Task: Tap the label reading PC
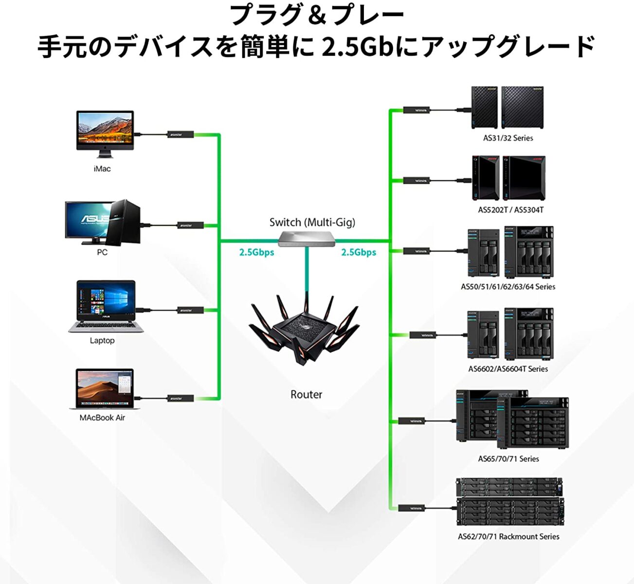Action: point(102,253)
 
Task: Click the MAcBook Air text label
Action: point(102,418)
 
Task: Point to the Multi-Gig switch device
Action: point(307,237)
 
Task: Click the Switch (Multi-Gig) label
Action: point(312,222)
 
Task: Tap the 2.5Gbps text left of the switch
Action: point(256,252)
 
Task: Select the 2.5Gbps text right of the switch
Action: point(359,252)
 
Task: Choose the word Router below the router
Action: point(306,394)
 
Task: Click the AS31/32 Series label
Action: point(508,138)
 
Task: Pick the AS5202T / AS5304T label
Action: point(510,210)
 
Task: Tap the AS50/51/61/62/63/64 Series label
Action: point(508,287)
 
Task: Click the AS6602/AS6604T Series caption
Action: point(508,369)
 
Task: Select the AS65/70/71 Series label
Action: point(508,458)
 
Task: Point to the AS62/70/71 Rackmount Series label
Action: point(508,536)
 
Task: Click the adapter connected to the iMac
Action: point(181,134)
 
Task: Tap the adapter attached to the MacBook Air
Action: point(181,398)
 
